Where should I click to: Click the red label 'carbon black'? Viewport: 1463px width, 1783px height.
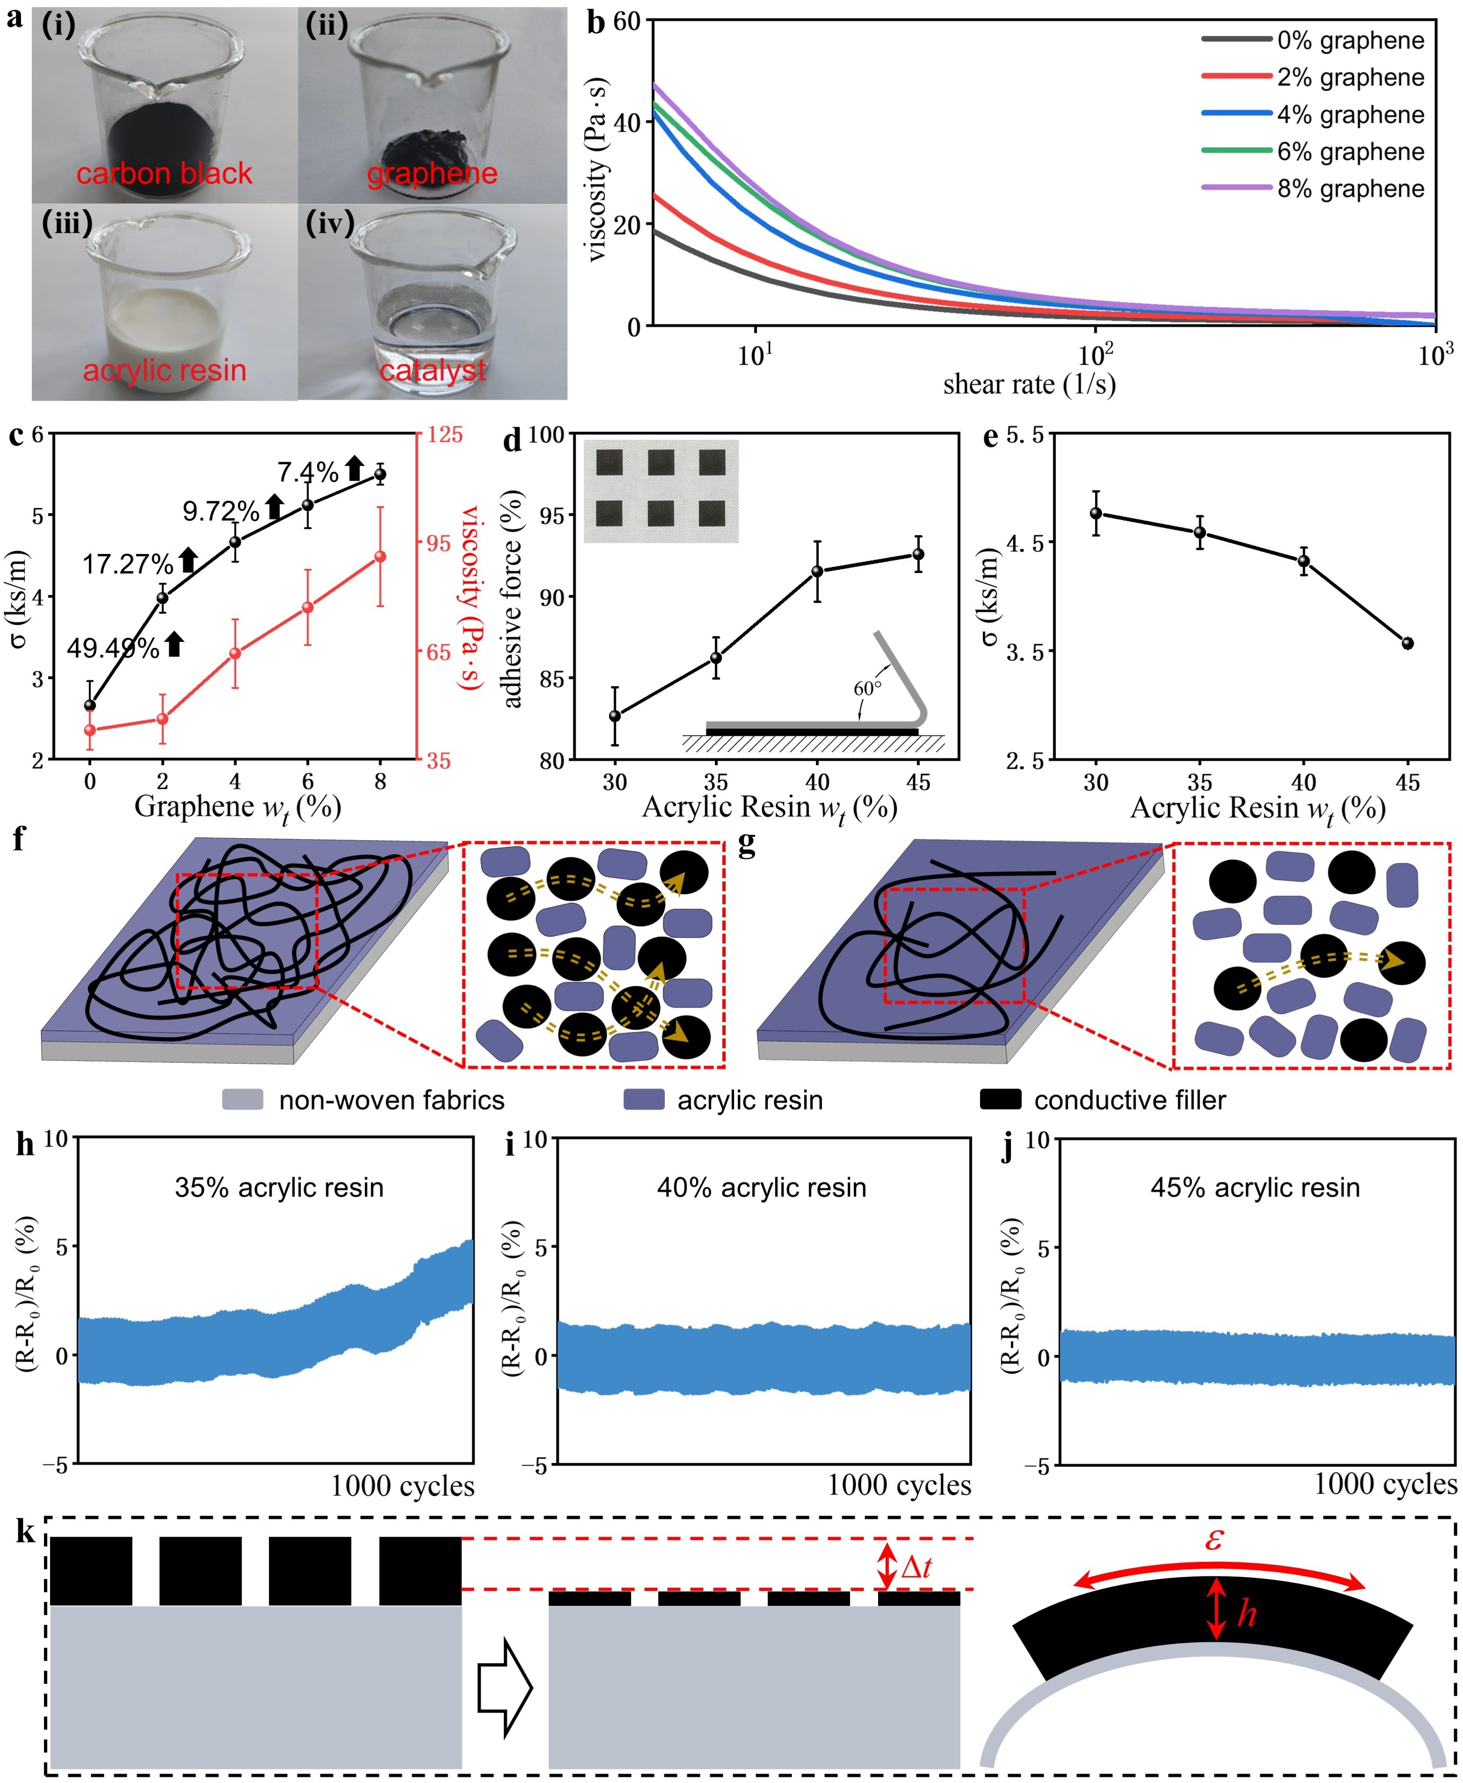(164, 173)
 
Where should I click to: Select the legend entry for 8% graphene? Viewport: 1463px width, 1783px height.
(1313, 189)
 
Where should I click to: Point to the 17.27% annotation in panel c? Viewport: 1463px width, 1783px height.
(128, 564)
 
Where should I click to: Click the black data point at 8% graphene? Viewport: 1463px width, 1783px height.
(380, 475)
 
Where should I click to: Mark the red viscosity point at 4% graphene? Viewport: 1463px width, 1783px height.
(235, 653)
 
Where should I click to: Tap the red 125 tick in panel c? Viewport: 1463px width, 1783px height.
(446, 435)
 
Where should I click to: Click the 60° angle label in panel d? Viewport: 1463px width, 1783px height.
(867, 689)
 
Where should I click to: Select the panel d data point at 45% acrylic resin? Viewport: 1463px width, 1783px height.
(918, 554)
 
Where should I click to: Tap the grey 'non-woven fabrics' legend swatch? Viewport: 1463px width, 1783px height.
(243, 1100)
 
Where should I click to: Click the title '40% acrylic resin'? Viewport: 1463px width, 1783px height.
(762, 1187)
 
